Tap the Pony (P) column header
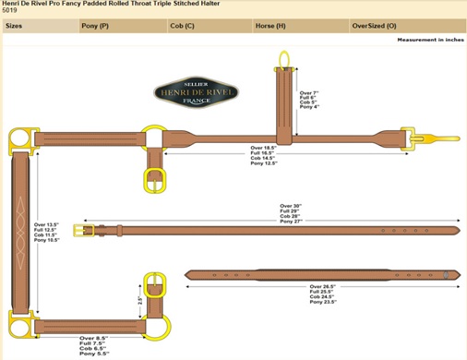(96, 26)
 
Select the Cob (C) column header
(183, 26)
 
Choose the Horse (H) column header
(269, 26)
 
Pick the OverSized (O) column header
(375, 26)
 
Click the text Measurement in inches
(429, 40)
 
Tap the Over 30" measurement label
(290, 206)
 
